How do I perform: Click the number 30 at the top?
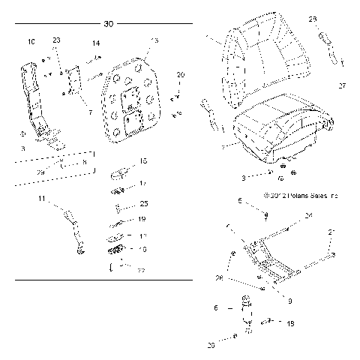tap(109, 25)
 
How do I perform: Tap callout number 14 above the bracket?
tap(96, 44)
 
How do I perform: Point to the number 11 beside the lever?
tap(42, 199)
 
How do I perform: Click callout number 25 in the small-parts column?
tap(145, 204)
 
